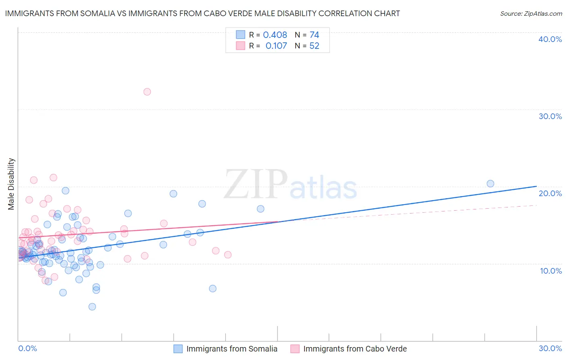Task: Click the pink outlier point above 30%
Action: [147, 92]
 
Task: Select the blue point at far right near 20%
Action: [490, 184]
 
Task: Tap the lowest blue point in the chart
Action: [92, 307]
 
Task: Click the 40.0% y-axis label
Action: [550, 39]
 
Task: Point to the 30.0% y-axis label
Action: [550, 116]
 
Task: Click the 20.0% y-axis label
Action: [550, 193]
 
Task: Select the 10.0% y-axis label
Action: [551, 271]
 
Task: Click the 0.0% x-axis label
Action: [27, 348]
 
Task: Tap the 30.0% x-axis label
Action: [550, 348]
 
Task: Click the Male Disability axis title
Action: [11, 184]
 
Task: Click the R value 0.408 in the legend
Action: [275, 35]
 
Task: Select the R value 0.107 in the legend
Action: [276, 46]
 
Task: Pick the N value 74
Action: [314, 35]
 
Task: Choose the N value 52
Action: [314, 46]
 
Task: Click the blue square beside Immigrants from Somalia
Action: [178, 349]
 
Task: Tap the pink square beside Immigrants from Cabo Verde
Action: [295, 349]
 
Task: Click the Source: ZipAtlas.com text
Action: [531, 14]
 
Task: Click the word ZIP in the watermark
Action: [256, 184]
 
